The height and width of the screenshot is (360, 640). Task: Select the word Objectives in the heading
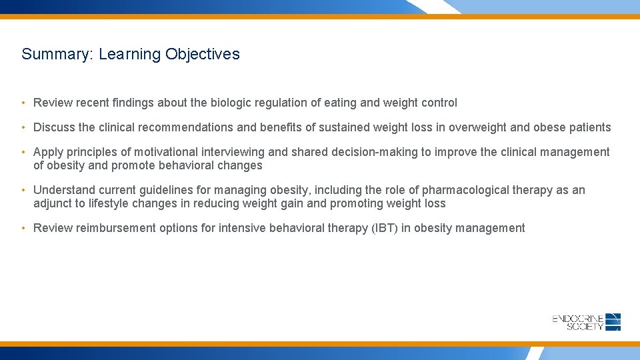click(x=203, y=55)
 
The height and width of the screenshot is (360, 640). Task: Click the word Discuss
click(x=54, y=127)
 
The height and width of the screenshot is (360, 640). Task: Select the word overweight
click(x=479, y=127)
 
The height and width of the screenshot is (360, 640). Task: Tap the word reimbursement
click(x=116, y=228)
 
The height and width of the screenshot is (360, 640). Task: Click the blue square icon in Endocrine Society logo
click(x=613, y=322)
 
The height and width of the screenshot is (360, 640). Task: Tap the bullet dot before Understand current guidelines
click(x=23, y=190)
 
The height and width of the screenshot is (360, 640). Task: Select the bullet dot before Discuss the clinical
click(x=23, y=127)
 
